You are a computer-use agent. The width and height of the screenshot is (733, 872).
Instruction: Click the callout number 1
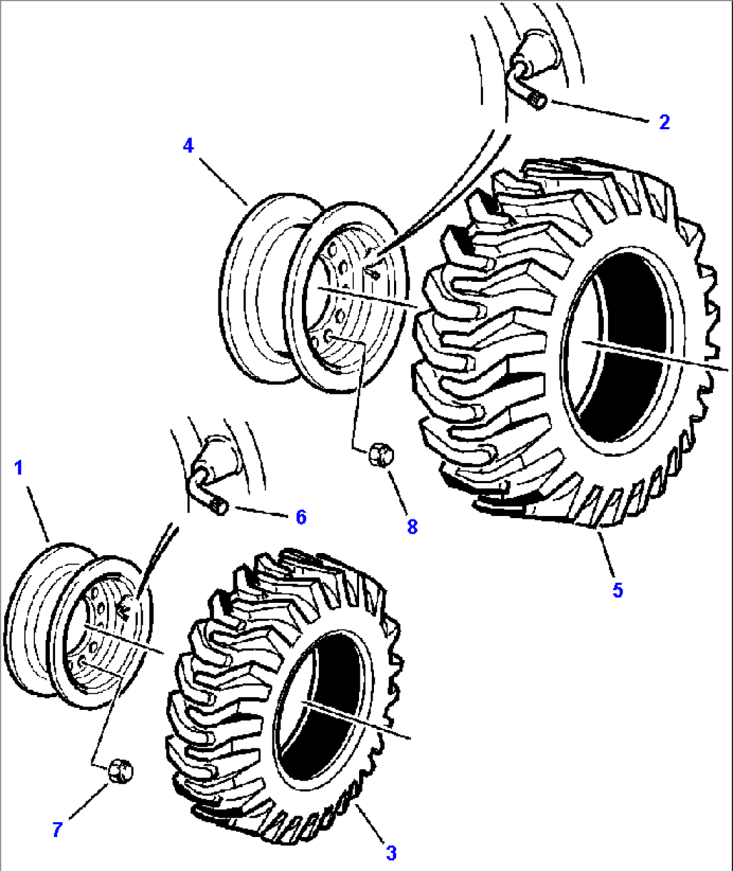(x=18, y=468)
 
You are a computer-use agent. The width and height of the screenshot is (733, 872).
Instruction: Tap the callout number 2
(x=664, y=122)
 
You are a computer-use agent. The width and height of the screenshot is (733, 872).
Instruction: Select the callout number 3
(x=391, y=853)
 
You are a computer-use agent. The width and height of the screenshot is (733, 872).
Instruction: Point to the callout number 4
(x=188, y=145)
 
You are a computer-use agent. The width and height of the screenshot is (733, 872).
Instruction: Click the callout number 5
(x=617, y=590)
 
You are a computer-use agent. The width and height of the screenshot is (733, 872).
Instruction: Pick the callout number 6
(x=301, y=517)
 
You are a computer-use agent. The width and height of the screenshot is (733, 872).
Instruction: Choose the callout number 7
(x=57, y=830)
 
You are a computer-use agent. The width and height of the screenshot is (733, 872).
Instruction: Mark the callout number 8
(x=412, y=526)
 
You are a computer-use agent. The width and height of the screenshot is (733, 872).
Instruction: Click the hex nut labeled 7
(x=120, y=770)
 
